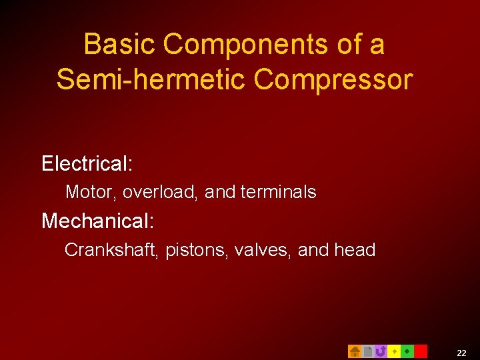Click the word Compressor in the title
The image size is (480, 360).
(333, 79)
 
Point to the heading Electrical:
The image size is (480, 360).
(87, 163)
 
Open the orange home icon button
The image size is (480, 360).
(355, 351)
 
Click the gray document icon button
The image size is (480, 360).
(367, 351)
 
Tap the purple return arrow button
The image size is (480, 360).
(381, 351)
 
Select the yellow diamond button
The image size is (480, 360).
(394, 351)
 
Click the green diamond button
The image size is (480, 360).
(407, 351)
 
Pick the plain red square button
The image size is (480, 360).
(421, 351)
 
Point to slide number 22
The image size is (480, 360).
(461, 352)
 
